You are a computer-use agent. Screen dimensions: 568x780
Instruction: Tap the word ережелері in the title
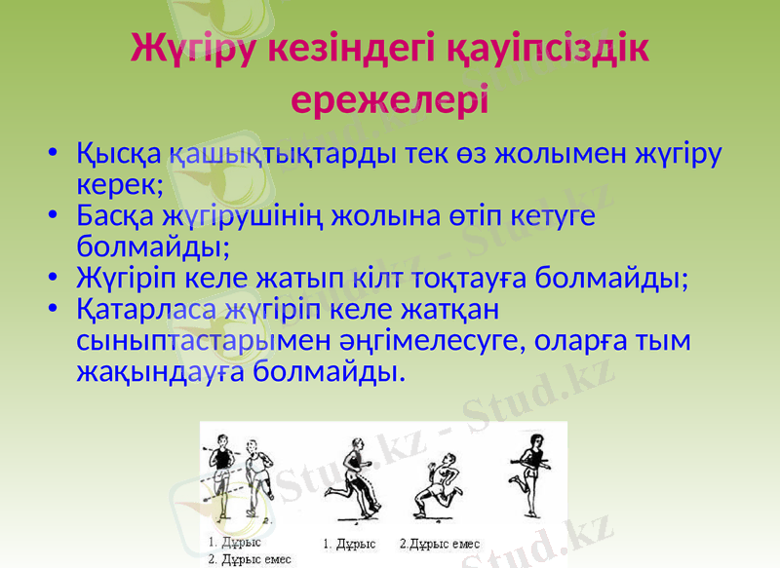pyautogui.click(x=390, y=97)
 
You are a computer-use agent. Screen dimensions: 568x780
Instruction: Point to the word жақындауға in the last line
pyautogui.click(x=160, y=371)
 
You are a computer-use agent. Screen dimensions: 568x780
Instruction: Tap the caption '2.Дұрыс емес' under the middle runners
pyautogui.click(x=440, y=544)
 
